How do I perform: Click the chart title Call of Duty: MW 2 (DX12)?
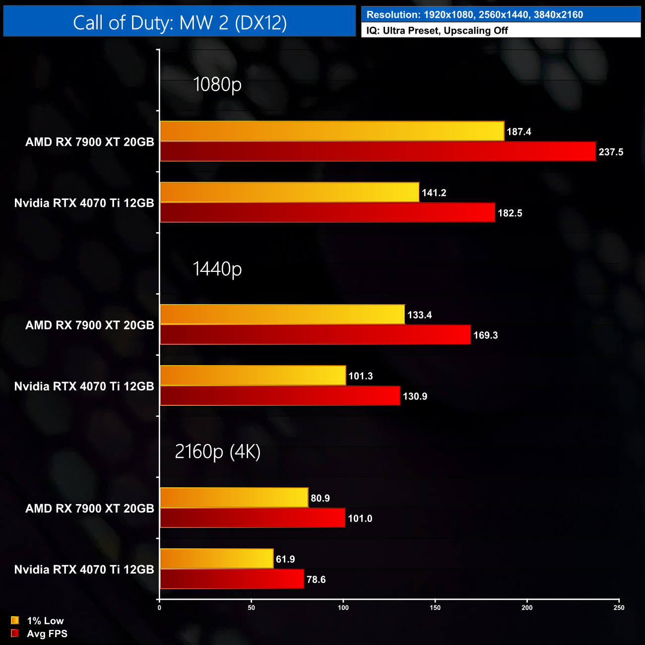[x=180, y=22]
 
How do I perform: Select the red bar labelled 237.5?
[x=378, y=152]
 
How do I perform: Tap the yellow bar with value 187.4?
[x=332, y=131]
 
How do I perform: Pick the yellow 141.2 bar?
[x=289, y=193]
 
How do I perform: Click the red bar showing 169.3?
[x=315, y=335]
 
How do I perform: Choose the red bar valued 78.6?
[x=232, y=579]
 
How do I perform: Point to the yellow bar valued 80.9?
[x=234, y=498]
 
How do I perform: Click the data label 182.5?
[x=510, y=213]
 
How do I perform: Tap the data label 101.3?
[x=360, y=376]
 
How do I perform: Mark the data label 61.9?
[x=285, y=559]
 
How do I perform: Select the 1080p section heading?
[x=217, y=84]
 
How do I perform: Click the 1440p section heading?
[x=217, y=268]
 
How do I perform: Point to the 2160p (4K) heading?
[x=217, y=451]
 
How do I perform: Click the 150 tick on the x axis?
[x=435, y=608]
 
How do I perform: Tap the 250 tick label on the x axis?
[x=619, y=608]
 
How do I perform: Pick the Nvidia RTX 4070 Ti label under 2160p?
[x=84, y=570]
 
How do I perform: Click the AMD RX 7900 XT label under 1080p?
[x=90, y=142]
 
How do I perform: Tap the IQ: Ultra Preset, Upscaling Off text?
[x=437, y=30]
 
